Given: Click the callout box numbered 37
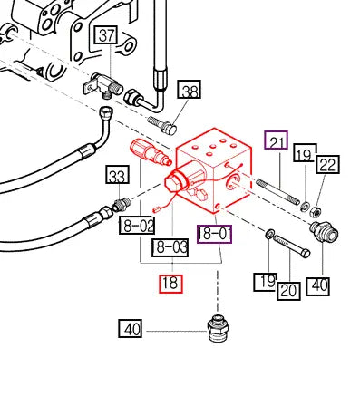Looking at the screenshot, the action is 106,35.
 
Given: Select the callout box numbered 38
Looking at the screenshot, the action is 190,90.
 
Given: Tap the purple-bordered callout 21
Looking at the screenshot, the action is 276,140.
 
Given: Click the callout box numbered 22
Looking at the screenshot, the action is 328,164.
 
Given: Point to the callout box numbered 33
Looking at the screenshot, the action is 117,175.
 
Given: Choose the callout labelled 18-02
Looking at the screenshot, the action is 137,226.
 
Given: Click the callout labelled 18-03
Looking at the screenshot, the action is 170,247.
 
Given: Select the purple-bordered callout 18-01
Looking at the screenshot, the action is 215,234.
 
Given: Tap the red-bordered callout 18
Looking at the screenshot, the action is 171,284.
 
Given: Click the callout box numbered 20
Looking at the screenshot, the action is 289,291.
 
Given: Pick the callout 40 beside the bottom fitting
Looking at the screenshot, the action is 130,329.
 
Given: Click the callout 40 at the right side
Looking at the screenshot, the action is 318,285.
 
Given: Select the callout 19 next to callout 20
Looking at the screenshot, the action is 265,282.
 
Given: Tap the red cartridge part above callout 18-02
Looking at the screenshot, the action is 151,151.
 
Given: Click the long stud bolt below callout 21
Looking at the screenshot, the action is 277,191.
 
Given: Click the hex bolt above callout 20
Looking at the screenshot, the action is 291,246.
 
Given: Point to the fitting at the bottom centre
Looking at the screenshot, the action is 218,328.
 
